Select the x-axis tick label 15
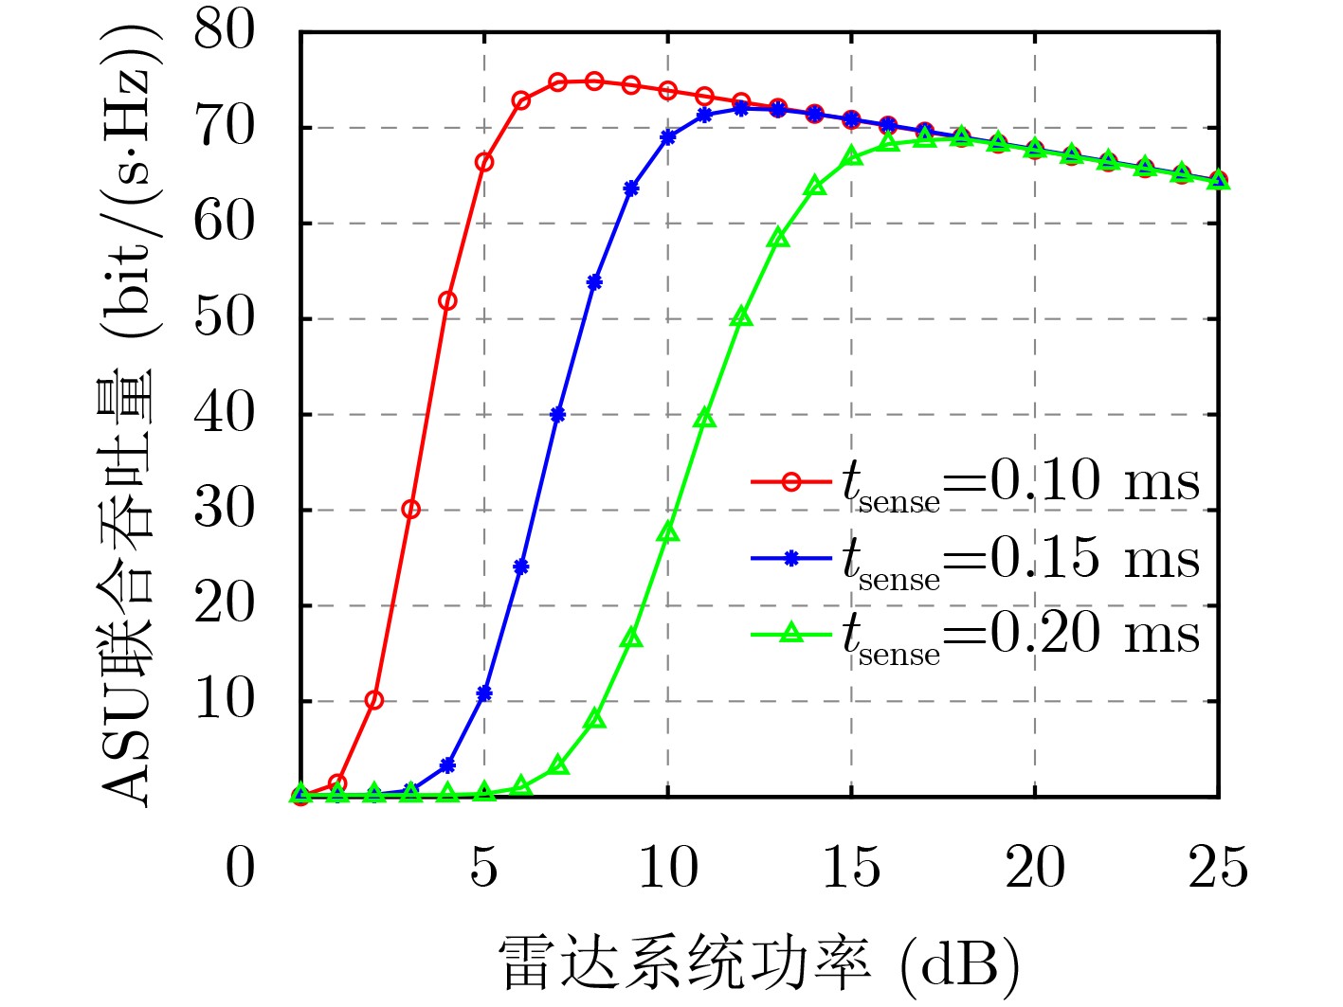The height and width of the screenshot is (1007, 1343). coord(851,868)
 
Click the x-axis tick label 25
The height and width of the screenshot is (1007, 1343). coord(1218,868)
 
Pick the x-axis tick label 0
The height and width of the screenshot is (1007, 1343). coord(240,868)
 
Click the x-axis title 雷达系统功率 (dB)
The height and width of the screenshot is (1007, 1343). coord(759,965)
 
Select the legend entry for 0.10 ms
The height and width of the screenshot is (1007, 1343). coord(975,482)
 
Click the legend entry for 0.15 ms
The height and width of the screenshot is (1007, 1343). coord(975,559)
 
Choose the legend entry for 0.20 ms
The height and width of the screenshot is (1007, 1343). coord(975,635)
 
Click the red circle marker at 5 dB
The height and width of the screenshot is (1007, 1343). coord(484,162)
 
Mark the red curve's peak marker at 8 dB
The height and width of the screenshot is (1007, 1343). coord(594,81)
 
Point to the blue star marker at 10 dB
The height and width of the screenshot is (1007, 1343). coord(668,136)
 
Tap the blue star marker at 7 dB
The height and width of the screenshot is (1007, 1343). coord(557,414)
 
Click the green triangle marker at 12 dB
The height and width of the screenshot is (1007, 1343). coord(741,317)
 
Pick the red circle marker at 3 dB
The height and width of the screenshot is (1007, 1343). coord(410,509)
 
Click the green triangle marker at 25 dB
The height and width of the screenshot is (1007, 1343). coord(1219,180)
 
